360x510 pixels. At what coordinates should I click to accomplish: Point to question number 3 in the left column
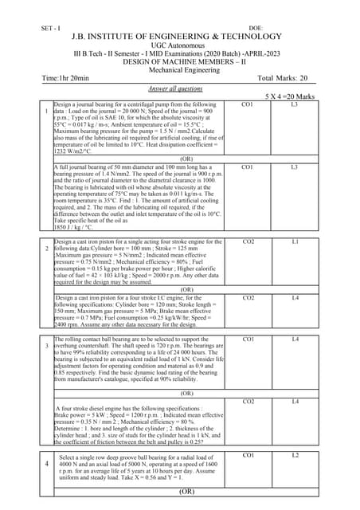(x=46, y=347)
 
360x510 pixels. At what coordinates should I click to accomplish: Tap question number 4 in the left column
(x=46, y=463)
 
